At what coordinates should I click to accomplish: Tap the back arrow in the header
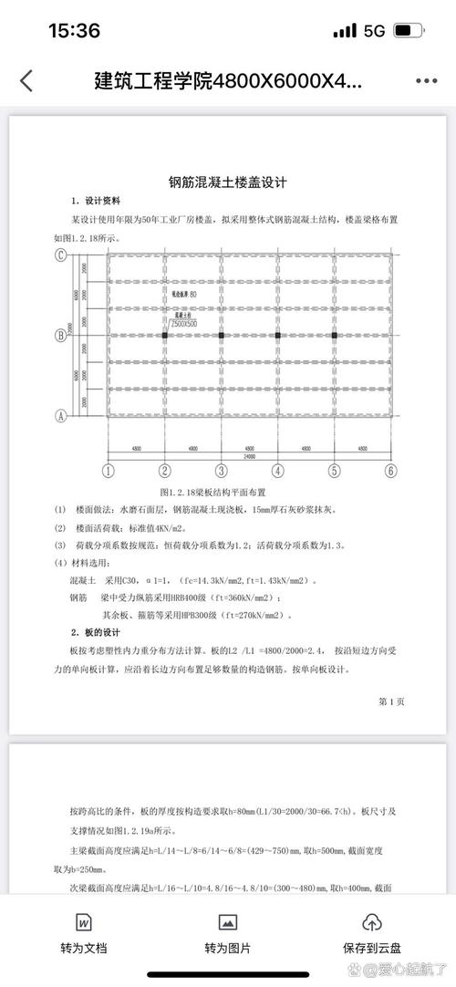coord(26,80)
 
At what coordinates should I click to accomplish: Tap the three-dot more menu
coord(426,80)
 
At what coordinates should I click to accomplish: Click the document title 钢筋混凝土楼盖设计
coord(227,182)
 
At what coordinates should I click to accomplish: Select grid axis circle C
coord(61,255)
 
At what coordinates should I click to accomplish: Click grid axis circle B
coord(61,335)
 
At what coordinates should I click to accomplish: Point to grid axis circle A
coord(61,415)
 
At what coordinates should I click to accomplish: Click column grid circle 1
coord(108,471)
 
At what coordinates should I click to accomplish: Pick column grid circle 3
coord(221,471)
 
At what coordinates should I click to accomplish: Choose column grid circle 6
coord(391,471)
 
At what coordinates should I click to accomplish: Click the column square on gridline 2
coord(165,335)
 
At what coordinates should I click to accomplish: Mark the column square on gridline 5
coord(335,335)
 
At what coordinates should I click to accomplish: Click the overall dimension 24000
coord(249,456)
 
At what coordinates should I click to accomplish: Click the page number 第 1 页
coord(390,701)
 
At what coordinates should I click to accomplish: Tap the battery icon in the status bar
coord(405,31)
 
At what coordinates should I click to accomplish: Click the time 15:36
coord(73,31)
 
